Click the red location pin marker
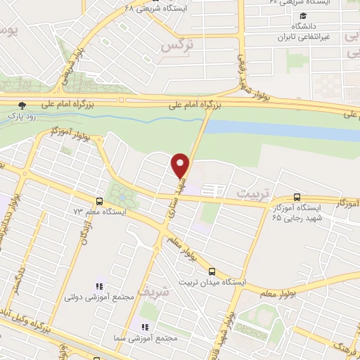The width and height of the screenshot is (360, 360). click(x=181, y=165)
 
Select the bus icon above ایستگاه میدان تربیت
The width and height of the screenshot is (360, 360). click(x=212, y=271)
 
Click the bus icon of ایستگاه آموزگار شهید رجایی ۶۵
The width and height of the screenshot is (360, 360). click(x=296, y=198)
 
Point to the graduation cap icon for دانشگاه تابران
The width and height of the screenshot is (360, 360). click(x=302, y=16)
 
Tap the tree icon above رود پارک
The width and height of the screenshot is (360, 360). click(x=22, y=105)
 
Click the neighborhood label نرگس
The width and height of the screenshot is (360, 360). click(x=176, y=46)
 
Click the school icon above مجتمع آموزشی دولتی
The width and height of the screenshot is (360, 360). click(x=99, y=286)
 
